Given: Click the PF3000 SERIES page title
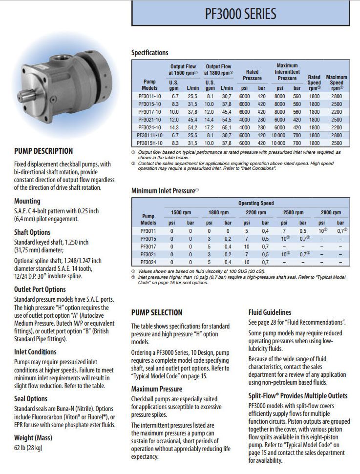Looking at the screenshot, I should coord(240,13).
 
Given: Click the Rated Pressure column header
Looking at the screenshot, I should coord(252,75).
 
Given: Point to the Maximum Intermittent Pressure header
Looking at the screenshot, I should coord(287,72).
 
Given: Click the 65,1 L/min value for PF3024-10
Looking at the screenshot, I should coord(227,126).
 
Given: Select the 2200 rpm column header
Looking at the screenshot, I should coord(255,212).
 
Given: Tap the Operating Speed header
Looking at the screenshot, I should coord(255,203).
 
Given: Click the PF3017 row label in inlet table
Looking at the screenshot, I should coord(148,247).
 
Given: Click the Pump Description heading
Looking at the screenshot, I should coord(43,151).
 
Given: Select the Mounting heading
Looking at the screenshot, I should coord(27,201).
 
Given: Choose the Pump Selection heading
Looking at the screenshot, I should coord(157,312).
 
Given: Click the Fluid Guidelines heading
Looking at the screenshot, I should coord(270,312).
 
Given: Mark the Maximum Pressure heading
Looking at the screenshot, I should coord(156,389).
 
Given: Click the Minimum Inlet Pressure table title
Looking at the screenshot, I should coord(165,190).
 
